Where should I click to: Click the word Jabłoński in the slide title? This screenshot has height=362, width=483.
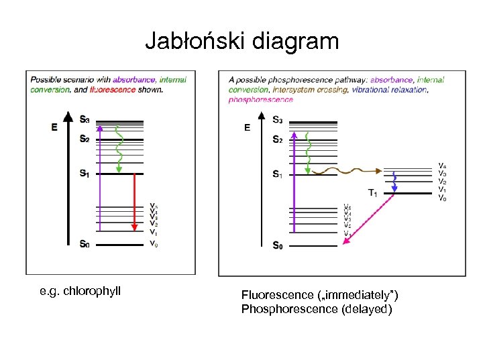click(196, 42)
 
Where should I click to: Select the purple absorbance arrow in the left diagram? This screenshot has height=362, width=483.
click(100, 181)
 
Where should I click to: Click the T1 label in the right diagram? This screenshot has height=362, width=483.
click(372, 193)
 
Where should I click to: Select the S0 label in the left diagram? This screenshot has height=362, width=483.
click(84, 244)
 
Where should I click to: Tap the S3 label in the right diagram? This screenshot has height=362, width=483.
click(277, 120)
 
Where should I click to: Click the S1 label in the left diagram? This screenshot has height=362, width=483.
click(84, 173)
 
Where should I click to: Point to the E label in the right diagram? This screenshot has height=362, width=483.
click(247, 127)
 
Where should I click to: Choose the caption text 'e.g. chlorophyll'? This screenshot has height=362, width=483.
click(80, 291)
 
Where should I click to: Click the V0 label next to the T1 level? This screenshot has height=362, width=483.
click(441, 198)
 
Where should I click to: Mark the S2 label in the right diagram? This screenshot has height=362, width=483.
click(277, 139)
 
